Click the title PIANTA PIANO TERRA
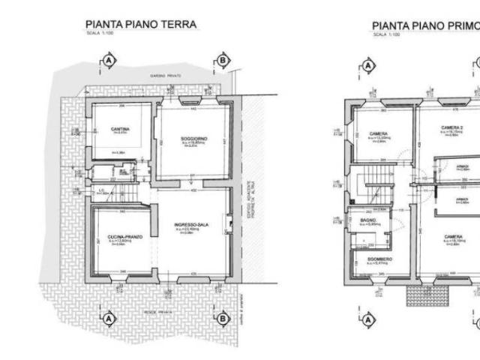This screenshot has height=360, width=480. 141,25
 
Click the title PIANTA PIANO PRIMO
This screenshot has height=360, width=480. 425,26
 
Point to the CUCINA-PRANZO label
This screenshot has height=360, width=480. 120,236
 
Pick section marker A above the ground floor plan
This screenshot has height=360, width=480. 109,59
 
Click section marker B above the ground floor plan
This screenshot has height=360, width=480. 222,59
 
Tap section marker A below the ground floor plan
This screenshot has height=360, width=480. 109,318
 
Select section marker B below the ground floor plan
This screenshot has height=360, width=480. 222,318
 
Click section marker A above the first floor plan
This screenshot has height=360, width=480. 368,65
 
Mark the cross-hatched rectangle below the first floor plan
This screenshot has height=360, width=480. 428,294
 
